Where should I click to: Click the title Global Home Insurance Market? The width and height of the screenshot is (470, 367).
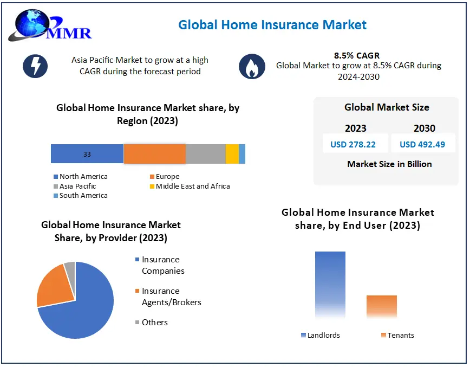coord(272,25)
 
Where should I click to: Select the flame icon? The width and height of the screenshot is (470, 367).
coord(252,67)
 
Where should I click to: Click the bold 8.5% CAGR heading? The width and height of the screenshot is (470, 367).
coord(357,55)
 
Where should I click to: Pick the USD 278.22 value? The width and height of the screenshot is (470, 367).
coord(355,144)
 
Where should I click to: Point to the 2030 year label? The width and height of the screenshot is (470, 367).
coord(425,128)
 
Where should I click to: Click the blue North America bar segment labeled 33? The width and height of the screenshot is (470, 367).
coord(87,154)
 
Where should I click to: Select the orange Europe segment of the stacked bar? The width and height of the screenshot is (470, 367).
coord(155,154)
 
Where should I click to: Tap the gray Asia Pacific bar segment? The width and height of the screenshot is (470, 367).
coord(206,154)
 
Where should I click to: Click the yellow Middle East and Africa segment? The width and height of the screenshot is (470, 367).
coord(232,154)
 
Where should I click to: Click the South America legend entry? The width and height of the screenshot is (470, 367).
coord(83,195)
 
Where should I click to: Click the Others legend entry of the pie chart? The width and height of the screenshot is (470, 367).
coord(154,322)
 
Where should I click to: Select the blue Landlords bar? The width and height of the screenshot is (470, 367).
coord(330,285)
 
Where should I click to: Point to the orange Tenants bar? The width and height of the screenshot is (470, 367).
coord(381,307)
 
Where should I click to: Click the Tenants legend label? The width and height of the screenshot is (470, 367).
coord(400,335)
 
